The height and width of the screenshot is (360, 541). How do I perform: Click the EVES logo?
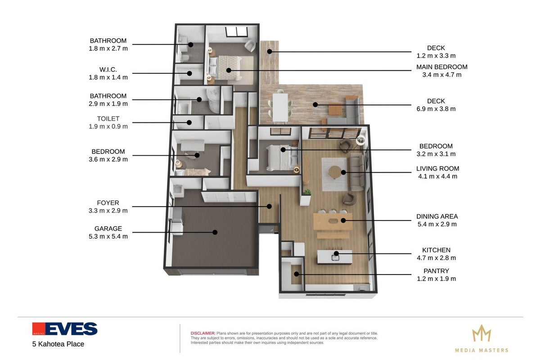pos(65,329)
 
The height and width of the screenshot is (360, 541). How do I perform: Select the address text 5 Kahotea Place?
pos(58,344)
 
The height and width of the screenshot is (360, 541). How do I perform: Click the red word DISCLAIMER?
pos(203,333)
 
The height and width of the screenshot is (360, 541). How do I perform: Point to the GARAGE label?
pos(108,229)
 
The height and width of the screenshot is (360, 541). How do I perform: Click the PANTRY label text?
pos(436,271)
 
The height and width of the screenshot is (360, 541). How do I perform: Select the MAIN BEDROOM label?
pos(442,67)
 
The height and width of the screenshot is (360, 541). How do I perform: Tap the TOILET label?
pos(108,118)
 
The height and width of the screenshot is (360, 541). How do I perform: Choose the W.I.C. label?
pos(108,70)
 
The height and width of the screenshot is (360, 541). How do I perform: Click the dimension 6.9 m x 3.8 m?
pos(436,109)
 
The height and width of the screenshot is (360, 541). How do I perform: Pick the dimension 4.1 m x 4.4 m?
pos(437,176)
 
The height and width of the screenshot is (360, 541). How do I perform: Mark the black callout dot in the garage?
pos(215,232)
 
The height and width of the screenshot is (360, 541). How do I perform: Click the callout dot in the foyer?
pos(269,207)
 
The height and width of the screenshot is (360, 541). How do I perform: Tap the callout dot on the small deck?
pos(270,51)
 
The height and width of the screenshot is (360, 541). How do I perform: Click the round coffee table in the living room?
pos(335,172)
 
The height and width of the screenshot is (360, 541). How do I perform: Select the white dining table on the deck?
pos(280,108)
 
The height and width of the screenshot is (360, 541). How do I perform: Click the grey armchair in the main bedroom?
pos(250,45)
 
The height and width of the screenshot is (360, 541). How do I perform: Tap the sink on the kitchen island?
pos(335,258)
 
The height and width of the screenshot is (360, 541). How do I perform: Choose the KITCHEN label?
pos(436,250)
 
